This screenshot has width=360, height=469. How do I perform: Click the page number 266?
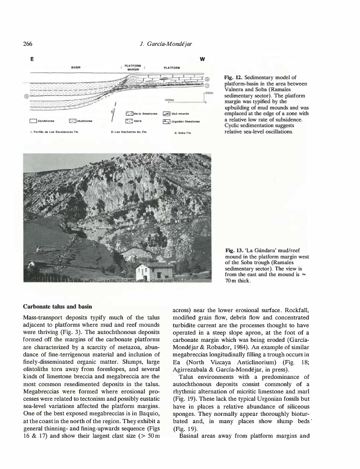pyautogui.click(x=29, y=43)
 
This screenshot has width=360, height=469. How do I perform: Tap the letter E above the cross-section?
pyautogui.click(x=31, y=58)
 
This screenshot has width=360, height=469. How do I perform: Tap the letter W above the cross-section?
pyautogui.click(x=202, y=58)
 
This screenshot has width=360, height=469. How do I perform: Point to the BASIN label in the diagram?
pyautogui.click(x=76, y=67)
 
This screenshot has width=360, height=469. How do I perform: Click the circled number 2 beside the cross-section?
pyautogui.click(x=207, y=79)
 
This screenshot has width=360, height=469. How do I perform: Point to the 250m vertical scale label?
pyautogui.click(x=210, y=93)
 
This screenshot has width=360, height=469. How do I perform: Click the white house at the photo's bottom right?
pyautogui.click(x=155, y=271)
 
